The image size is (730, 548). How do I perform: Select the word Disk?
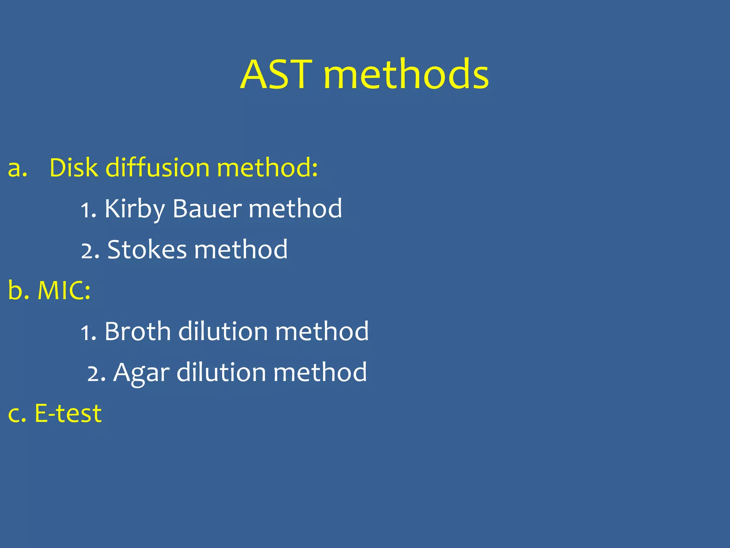[73, 168]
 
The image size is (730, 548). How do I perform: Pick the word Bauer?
[207, 209]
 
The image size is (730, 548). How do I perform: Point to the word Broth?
[138, 331]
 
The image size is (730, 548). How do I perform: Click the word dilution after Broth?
[223, 331]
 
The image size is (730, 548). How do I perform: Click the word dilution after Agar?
[221, 372]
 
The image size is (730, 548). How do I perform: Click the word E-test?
[68, 414]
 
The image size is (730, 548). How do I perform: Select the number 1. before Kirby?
[88, 210]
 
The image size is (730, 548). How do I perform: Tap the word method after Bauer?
[295, 209]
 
